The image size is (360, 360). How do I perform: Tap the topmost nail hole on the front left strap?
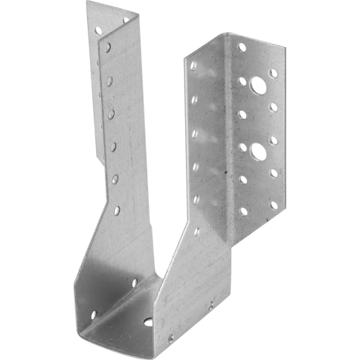point(109,47)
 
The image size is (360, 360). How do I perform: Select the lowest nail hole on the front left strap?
point(118,211)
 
